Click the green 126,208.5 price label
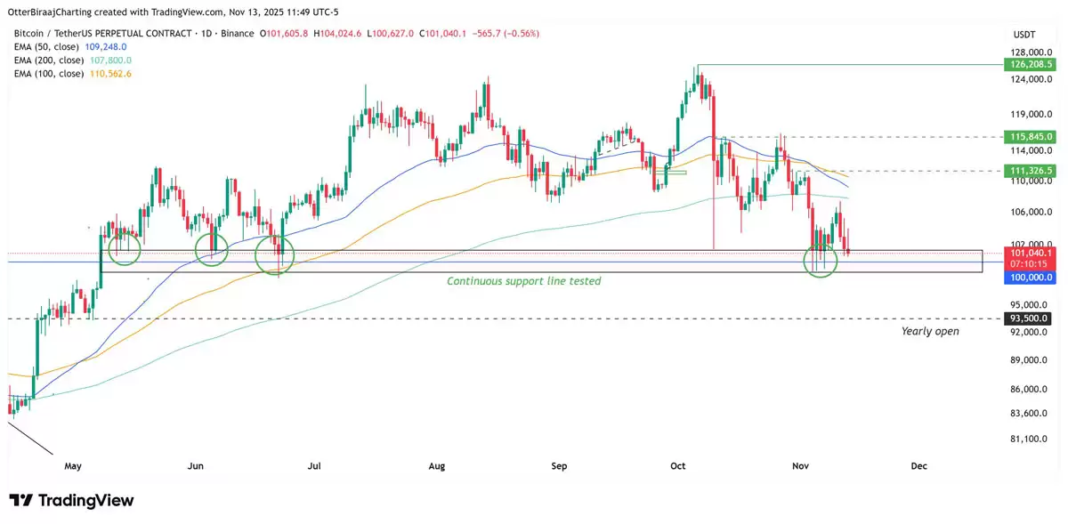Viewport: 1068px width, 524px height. pos(1028,65)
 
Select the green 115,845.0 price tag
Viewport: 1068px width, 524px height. pos(1028,137)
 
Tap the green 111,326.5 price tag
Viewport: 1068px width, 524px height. pos(1028,170)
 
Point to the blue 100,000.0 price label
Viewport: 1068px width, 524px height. pos(1028,278)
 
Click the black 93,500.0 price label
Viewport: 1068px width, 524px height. pos(1028,318)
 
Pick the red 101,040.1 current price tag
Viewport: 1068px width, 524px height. pos(1028,254)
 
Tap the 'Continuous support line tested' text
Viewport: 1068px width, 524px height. pos(523,281)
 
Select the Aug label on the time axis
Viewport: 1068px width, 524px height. pos(436,465)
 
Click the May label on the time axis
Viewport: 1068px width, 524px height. pos(73,465)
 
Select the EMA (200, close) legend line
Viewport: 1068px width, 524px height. pos(73,60)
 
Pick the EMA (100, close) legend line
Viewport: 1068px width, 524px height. pos(73,73)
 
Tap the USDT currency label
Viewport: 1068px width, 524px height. pos(1024,34)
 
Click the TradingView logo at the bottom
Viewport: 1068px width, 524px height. pos(71,500)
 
